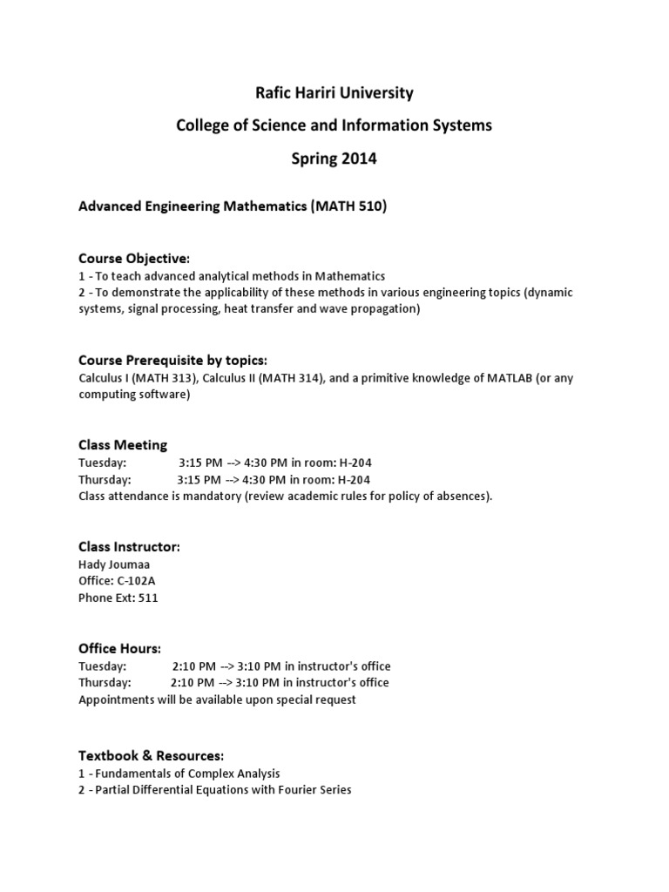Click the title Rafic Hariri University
coord(334,92)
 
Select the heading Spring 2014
coord(334,159)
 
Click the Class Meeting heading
coord(123,445)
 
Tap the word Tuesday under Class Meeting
coord(102,463)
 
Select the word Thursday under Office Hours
coord(105,682)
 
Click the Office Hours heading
coord(119,648)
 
